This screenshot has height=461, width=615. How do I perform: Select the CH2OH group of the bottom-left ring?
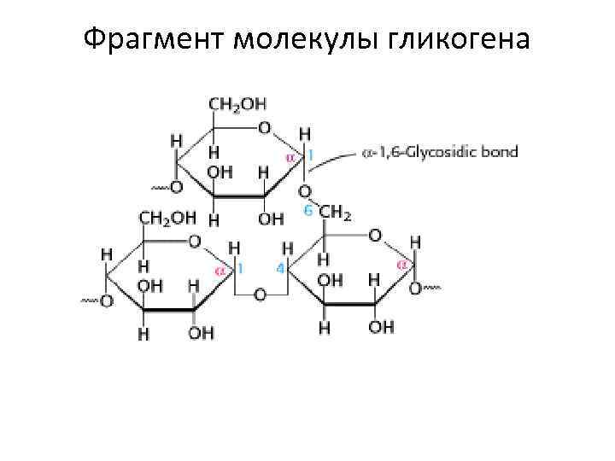pyautogui.click(x=167, y=219)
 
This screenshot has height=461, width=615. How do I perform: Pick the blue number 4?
pyautogui.click(x=279, y=268)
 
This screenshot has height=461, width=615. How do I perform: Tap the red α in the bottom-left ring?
pyautogui.click(x=220, y=270)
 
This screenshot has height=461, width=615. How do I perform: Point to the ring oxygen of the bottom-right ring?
pyautogui.click(x=375, y=233)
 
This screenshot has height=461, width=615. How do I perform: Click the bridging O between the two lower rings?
pyautogui.click(x=260, y=295)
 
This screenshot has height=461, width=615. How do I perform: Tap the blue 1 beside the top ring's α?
pyautogui.click(x=311, y=155)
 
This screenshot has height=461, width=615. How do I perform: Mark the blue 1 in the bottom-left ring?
pyautogui.click(x=241, y=268)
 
